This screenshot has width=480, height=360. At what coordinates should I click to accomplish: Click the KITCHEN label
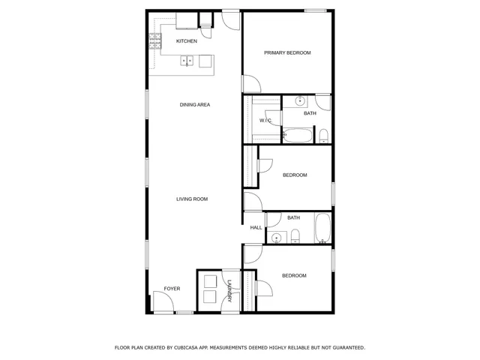tap(187, 41)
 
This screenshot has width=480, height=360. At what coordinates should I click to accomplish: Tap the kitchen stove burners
tap(155, 41)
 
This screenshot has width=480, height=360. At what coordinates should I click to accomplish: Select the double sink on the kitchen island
tap(187, 61)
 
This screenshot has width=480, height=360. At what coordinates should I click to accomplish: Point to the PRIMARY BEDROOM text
tap(287, 53)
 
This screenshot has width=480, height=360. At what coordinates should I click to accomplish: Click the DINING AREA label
tap(194, 105)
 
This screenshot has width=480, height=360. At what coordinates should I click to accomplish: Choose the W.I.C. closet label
tap(265, 120)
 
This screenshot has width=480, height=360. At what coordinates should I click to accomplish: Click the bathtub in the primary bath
tap(298, 136)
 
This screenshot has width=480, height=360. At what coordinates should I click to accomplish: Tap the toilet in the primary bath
tap(323, 135)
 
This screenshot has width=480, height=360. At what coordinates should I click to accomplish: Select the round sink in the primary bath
tap(300, 100)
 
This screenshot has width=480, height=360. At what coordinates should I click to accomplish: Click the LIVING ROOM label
tap(192, 199)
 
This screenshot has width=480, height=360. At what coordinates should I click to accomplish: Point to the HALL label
tap(256, 227)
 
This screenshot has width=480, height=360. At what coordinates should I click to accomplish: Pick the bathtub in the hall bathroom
tap(322, 228)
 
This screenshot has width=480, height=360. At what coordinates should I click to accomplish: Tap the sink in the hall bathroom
tap(276, 238)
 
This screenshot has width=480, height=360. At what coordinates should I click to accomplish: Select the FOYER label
tap(172, 289)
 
